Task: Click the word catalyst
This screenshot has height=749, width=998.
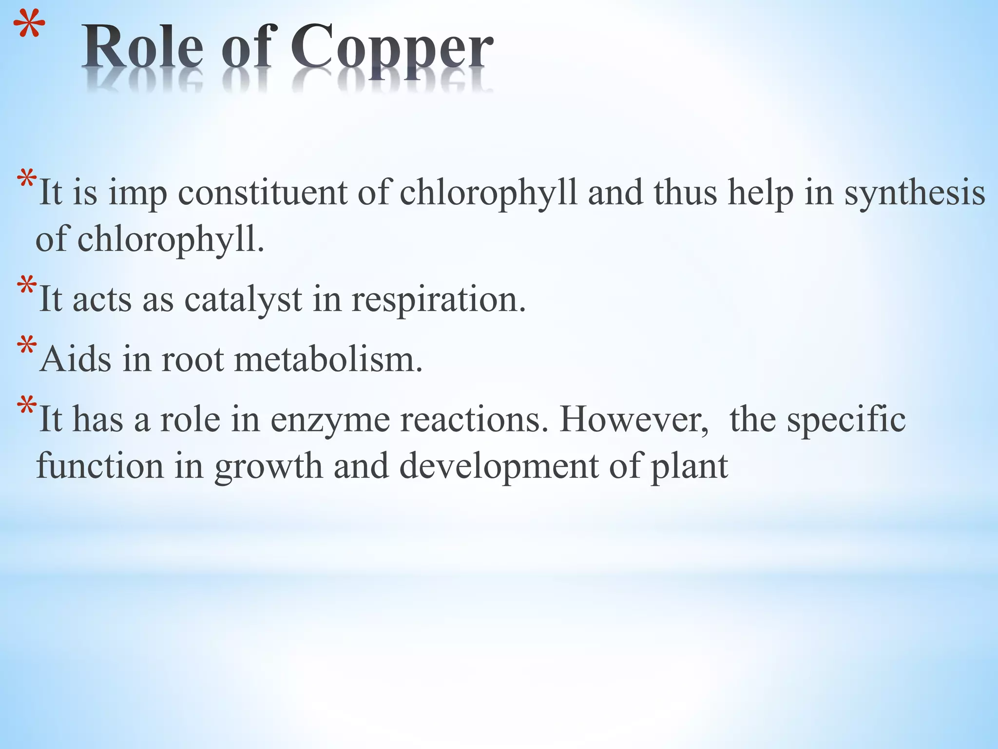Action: (x=243, y=299)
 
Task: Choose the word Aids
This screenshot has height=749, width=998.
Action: (x=76, y=359)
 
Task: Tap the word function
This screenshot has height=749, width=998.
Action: (x=100, y=466)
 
